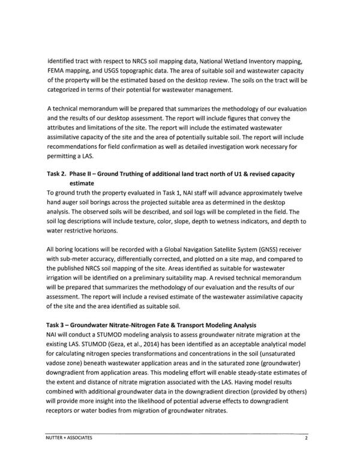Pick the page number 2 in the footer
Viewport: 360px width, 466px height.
pos(305,438)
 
